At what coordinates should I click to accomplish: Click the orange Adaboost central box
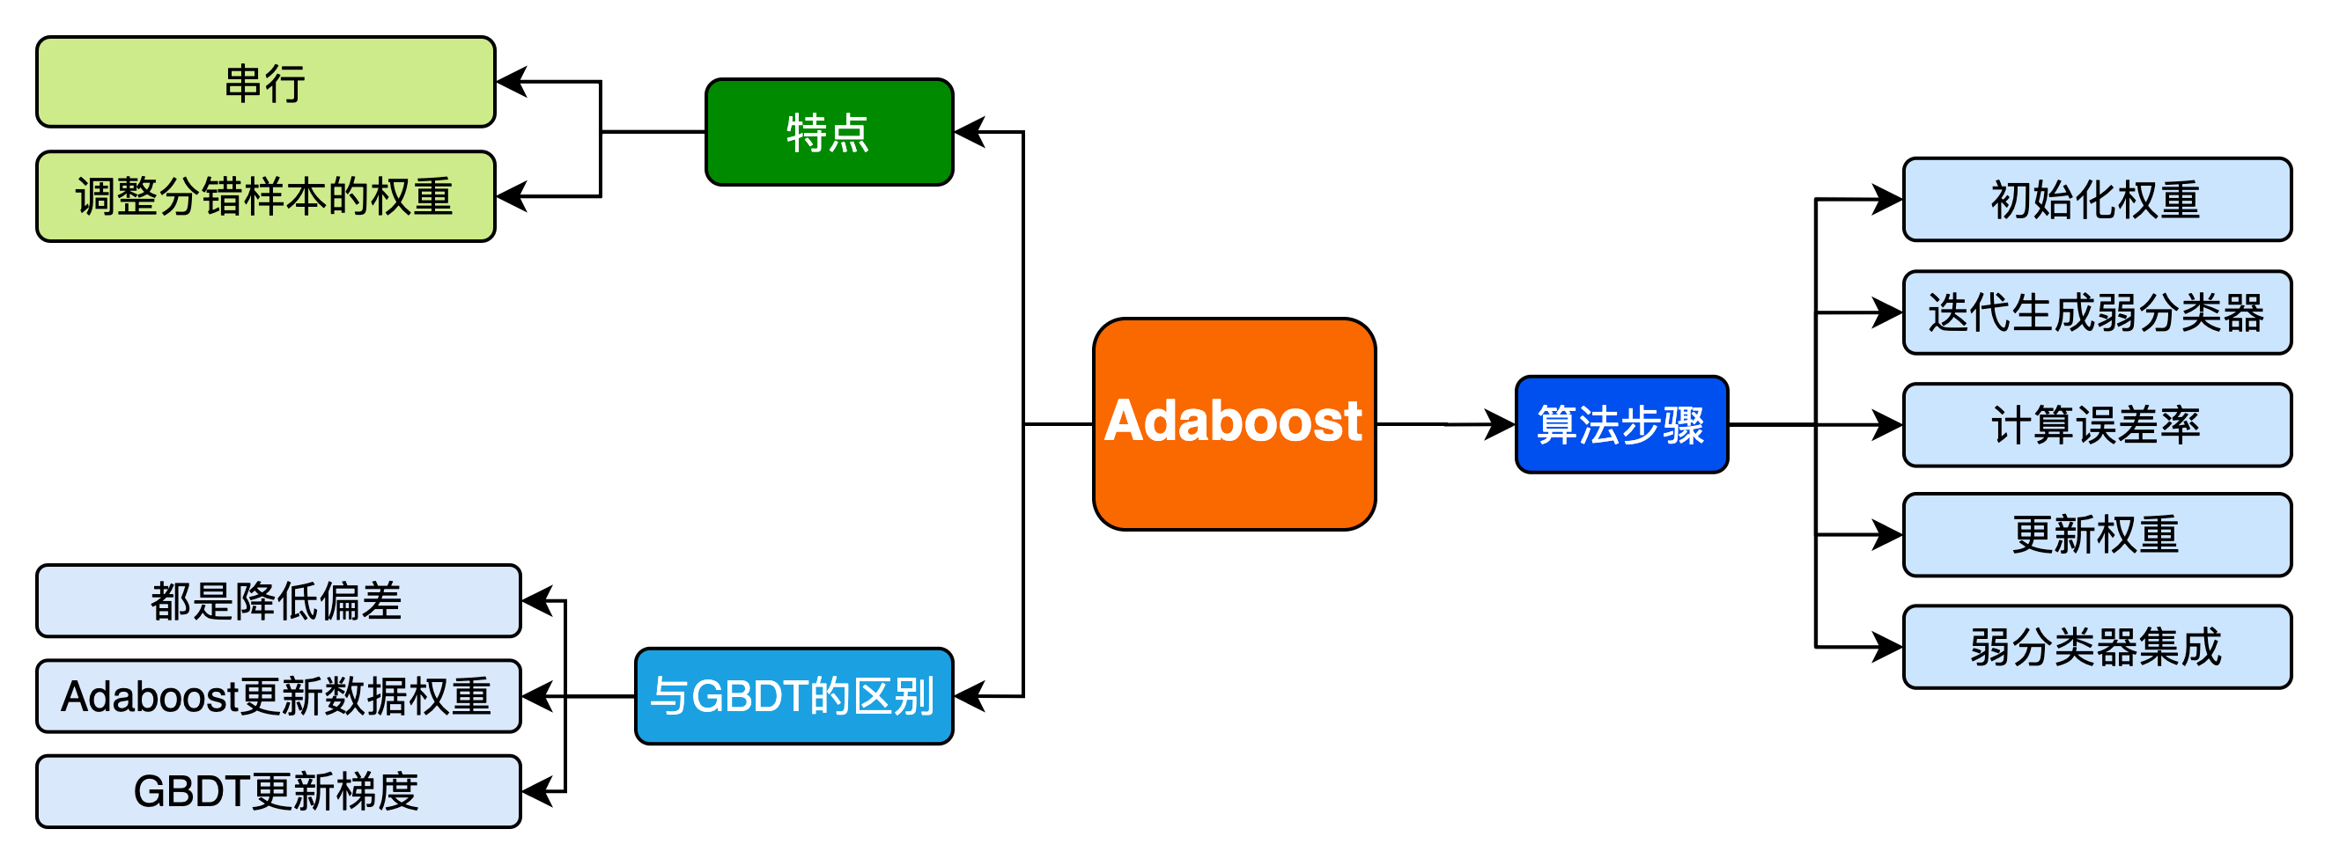coord(1234,423)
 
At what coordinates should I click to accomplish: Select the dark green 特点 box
coord(829,132)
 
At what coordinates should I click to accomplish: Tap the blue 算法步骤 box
coord(1621,424)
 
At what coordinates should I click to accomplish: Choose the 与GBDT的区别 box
coord(794,696)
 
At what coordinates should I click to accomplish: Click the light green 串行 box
coord(265,83)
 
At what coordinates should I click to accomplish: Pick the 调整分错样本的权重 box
coord(265,196)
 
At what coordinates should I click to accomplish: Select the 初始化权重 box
coord(2097,200)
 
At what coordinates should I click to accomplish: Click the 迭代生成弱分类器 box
coord(2097,312)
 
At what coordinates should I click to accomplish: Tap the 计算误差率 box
coord(2097,424)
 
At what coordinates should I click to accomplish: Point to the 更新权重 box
coord(2097,535)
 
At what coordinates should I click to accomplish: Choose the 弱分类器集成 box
coord(2097,647)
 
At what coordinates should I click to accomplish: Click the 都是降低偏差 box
coord(278,601)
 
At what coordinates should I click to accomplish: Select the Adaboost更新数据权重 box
coord(278,696)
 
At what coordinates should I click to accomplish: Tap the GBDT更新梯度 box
coord(278,792)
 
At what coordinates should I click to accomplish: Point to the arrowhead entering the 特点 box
coord(969,132)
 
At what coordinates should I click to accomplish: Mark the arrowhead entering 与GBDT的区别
coord(969,696)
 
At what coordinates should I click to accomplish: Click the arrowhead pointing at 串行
coord(511,82)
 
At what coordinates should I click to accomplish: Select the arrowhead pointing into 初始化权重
coord(1888,199)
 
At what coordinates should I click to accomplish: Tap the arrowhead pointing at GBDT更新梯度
coord(536,792)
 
